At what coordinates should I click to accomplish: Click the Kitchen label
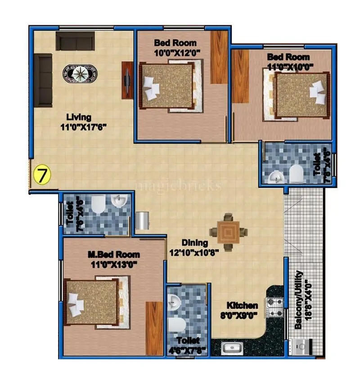click(242, 305)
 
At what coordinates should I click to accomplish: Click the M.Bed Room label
click(113, 255)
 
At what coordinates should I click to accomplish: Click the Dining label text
click(195, 243)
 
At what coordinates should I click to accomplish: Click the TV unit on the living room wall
click(127, 80)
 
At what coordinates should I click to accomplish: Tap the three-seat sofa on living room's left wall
click(44, 80)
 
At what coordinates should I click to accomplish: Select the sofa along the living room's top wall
click(75, 41)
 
